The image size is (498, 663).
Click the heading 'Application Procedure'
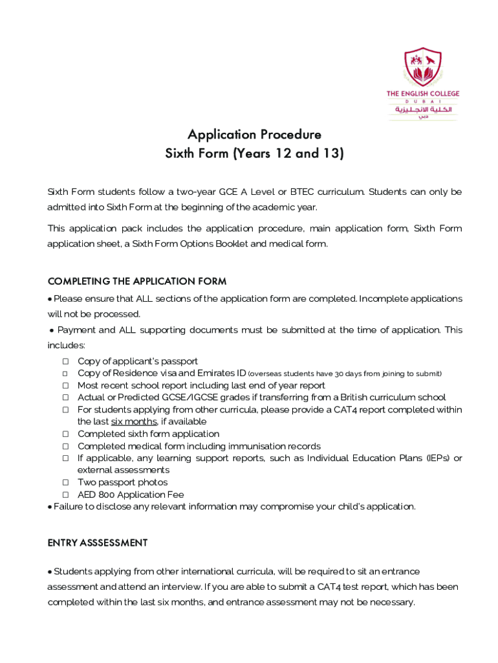pyautogui.click(x=254, y=135)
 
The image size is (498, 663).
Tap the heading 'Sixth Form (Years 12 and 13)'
pyautogui.click(x=254, y=154)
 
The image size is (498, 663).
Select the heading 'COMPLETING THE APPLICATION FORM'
pyautogui.click(x=137, y=282)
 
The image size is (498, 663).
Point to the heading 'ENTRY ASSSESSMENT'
pyautogui.click(x=98, y=543)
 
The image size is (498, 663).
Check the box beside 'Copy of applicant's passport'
pyautogui.click(x=65, y=361)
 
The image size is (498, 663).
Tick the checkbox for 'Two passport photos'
pyautogui.click(x=65, y=482)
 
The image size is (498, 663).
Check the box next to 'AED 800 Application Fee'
pyautogui.click(x=65, y=495)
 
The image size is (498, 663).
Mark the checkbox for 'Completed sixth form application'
pyautogui.click(x=65, y=434)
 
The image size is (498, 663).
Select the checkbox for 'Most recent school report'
pyautogui.click(x=65, y=385)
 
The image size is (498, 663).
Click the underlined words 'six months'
pyautogui.click(x=134, y=421)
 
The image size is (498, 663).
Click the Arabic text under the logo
pyautogui.click(x=423, y=110)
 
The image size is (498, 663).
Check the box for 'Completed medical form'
pyautogui.click(x=65, y=446)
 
